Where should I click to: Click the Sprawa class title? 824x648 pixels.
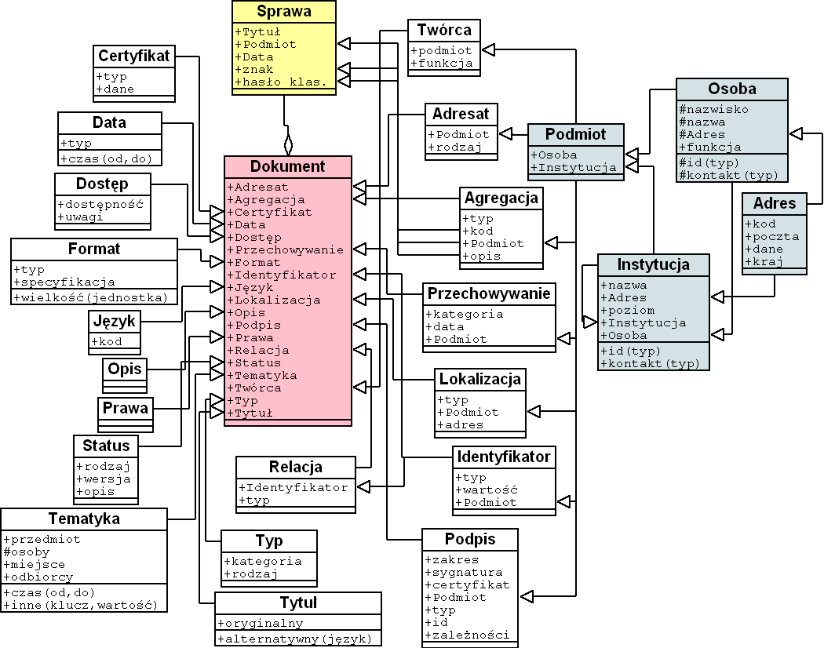(284, 12)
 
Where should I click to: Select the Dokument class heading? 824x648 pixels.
(287, 166)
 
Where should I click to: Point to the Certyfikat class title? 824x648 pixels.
(134, 56)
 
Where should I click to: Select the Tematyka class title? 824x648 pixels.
(84, 519)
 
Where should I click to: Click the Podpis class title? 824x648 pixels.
(470, 540)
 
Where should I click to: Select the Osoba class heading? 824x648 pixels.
(732, 89)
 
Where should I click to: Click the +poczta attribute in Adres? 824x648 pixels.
(771, 236)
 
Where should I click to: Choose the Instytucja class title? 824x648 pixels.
(654, 264)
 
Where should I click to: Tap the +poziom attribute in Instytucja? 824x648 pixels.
(627, 310)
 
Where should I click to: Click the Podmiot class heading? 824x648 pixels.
(576, 134)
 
